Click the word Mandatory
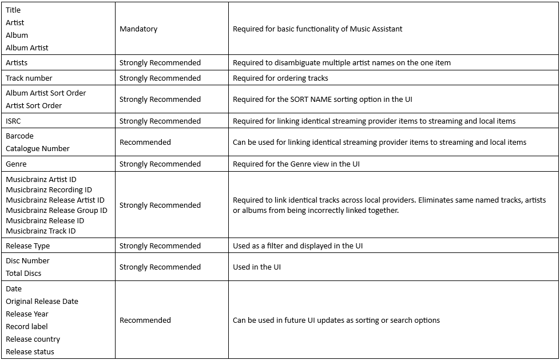click(138, 29)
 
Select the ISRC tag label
click(13, 121)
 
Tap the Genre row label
click(16, 164)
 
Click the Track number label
click(29, 78)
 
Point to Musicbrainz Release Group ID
click(57, 211)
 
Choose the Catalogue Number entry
click(38, 149)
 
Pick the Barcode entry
click(19, 136)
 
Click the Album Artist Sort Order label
click(46, 93)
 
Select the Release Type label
click(28, 246)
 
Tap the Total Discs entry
click(23, 274)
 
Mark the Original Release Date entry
click(42, 302)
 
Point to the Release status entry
click(30, 352)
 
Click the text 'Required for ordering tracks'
click(280, 78)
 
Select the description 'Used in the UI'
click(256, 267)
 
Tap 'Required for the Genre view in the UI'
click(296, 164)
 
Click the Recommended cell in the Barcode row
click(145, 143)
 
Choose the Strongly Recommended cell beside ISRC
click(160, 121)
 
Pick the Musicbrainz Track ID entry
click(41, 231)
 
